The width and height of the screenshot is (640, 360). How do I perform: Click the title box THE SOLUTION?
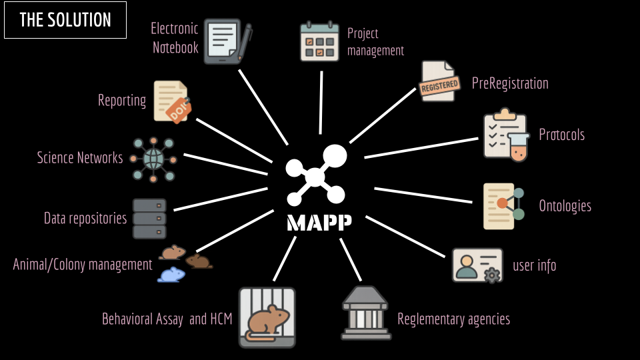coord(65,20)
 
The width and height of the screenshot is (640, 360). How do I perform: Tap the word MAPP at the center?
coord(319,223)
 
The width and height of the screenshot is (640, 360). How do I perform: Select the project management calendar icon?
coord(320,42)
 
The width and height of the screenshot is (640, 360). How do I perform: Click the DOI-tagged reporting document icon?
coord(171,101)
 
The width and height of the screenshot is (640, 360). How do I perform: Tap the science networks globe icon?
coord(153,159)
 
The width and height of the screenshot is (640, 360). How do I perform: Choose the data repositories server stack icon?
coord(149,219)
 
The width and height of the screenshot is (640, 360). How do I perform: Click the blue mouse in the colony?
coord(171,274)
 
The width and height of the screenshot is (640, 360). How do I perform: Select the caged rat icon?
coord(267,317)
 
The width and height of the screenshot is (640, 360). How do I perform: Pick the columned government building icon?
coord(365,313)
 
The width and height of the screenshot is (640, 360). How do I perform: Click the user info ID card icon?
coord(476,265)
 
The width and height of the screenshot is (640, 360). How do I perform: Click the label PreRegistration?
coord(510,83)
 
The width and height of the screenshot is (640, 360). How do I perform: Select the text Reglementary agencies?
coord(453,319)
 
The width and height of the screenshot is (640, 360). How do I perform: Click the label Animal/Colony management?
coord(83,265)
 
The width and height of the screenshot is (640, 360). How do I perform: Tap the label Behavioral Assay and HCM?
coord(167,319)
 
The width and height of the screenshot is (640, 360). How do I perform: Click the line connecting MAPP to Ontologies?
coord(427,195)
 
